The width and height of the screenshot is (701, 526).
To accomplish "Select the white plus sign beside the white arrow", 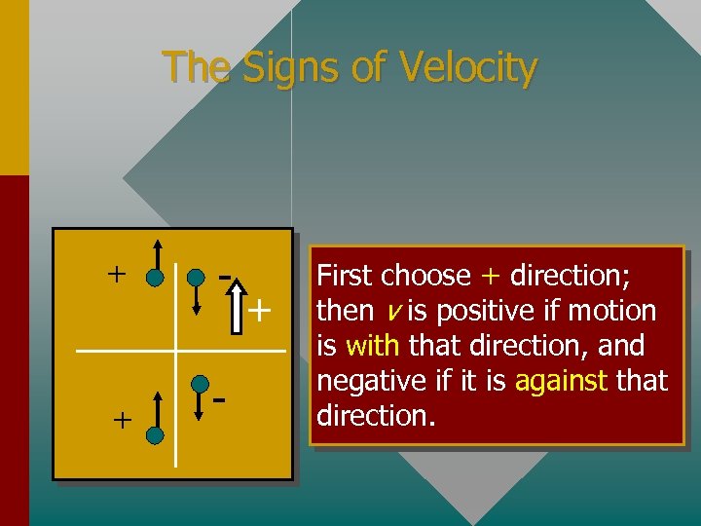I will [x=259, y=312].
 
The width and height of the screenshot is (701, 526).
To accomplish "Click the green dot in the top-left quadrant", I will [x=155, y=280].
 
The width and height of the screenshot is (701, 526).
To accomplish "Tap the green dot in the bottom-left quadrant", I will [x=155, y=435].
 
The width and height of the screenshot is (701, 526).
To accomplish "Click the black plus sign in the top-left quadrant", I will [x=116, y=273].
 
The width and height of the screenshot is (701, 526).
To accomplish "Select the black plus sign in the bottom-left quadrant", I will [x=121, y=420].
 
